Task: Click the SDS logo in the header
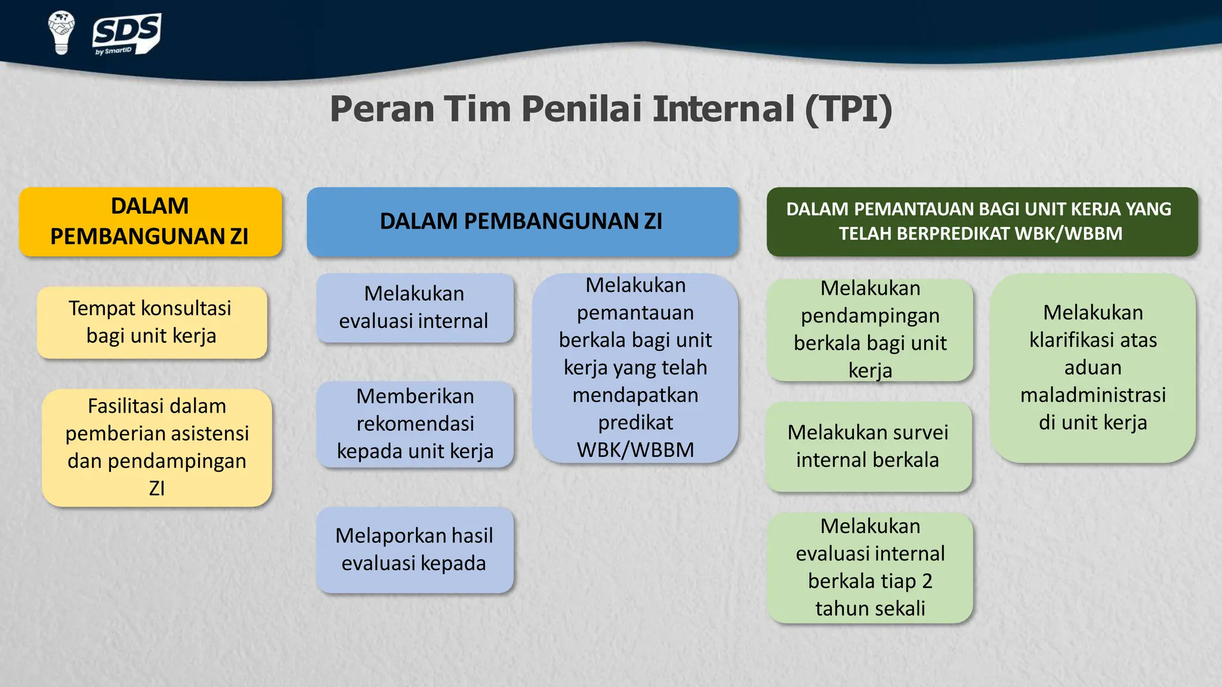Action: tap(126, 33)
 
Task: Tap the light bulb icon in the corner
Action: tap(61, 32)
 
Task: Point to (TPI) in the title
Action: tap(848, 109)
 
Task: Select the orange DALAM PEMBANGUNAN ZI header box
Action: tap(150, 222)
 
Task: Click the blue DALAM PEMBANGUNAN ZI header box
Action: tap(522, 222)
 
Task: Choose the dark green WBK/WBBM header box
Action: tap(982, 222)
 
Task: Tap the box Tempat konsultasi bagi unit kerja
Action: tap(152, 322)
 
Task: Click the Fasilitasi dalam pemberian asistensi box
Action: tap(157, 447)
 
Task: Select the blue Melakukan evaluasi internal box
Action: tap(415, 308)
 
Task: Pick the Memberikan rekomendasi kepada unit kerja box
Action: tap(415, 424)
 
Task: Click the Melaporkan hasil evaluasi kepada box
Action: tap(415, 549)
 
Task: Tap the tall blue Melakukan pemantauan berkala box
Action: tap(635, 367)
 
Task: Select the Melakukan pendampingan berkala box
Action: tap(870, 329)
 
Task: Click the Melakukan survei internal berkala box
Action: tap(868, 446)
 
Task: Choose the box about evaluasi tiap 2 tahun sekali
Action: tap(870, 567)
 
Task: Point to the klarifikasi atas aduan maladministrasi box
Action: tap(1093, 367)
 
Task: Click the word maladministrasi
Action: tap(1093, 395)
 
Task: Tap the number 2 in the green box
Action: tap(926, 581)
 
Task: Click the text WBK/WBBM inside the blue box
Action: tap(635, 450)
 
